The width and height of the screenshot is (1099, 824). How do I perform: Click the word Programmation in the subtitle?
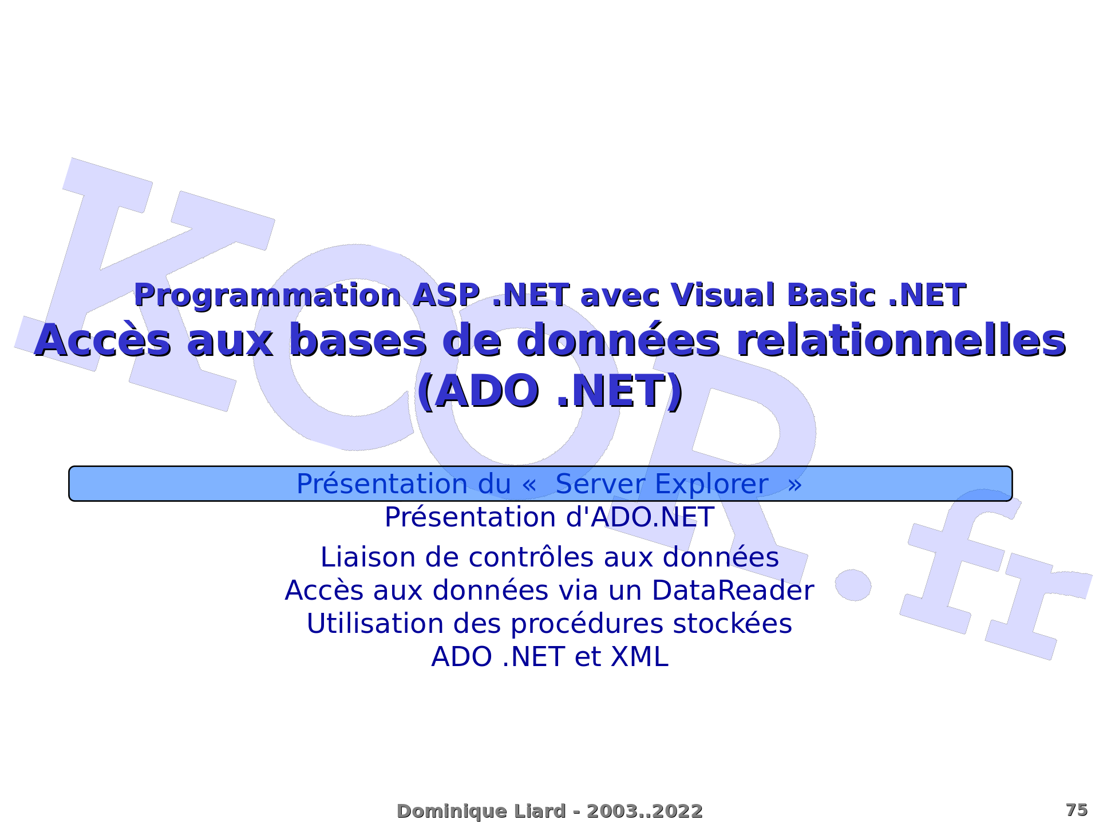(x=267, y=296)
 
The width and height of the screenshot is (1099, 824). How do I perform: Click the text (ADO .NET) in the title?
(x=549, y=391)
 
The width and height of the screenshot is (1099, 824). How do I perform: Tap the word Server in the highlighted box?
(x=600, y=484)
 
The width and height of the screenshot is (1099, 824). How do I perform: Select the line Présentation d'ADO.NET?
(x=549, y=517)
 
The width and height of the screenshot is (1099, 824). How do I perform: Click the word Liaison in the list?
(x=369, y=557)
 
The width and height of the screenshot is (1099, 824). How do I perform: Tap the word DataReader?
(x=733, y=591)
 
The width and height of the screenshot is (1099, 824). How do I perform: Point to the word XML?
(x=639, y=657)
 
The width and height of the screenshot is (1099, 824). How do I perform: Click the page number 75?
(x=1077, y=810)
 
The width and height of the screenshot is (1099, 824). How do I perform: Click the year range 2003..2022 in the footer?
(x=645, y=811)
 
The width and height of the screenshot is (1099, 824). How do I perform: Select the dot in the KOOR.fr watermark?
(x=853, y=585)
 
